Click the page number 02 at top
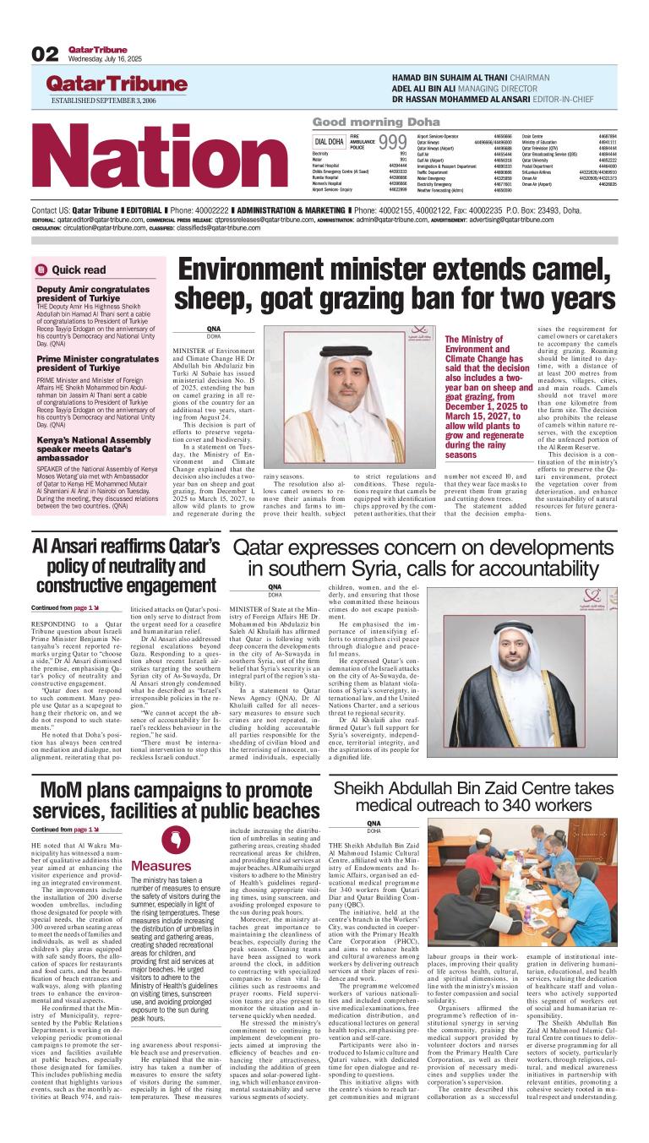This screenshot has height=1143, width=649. point(45,55)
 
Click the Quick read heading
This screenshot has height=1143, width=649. point(79,270)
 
